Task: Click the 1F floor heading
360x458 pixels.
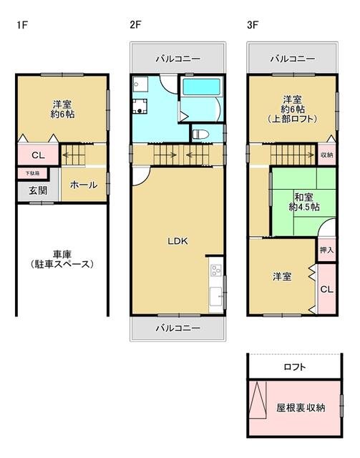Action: pos(22,25)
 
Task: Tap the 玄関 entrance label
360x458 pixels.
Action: pos(38,191)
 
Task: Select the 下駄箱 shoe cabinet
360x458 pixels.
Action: pos(32,173)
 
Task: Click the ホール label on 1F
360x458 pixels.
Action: pos(84,185)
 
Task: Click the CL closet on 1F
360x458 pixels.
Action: pos(38,155)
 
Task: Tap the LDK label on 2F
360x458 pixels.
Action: pos(177,241)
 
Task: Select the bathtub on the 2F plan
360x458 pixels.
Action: pos(201,87)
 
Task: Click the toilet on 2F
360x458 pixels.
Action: pos(200,135)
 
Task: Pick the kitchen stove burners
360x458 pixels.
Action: pos(217,271)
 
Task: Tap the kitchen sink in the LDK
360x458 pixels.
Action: pos(216,296)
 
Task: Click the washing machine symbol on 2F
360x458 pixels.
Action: pos(140,107)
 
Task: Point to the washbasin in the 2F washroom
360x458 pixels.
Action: pos(138,84)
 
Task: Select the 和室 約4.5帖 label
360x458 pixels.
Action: pos(304,202)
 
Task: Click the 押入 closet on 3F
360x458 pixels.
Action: pos(326,250)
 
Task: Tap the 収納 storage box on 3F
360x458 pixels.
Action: pos(326,155)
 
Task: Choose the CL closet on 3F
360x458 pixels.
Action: pos(326,289)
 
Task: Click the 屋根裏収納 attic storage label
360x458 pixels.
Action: pos(301,407)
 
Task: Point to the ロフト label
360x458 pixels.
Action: pos(295,366)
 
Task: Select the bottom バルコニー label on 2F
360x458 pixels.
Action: pos(178,328)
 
